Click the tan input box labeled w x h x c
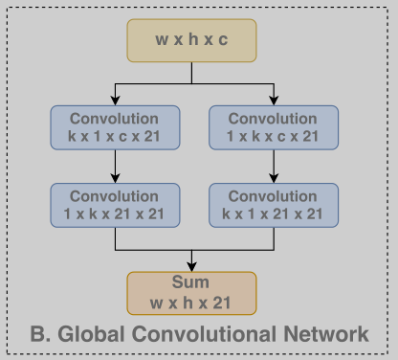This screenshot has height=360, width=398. click(192, 40)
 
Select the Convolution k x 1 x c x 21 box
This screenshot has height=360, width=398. click(114, 128)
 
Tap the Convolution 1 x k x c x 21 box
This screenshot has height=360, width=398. click(273, 128)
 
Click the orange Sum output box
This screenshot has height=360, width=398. click(192, 293)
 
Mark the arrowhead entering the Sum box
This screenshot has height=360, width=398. click(192, 266)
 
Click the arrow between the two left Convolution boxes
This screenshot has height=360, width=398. click(115, 167)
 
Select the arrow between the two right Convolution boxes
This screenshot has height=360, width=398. click(274, 167)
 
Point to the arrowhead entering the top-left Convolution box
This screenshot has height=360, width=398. click(115, 100)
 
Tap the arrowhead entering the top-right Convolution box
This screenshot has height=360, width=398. click(274, 100)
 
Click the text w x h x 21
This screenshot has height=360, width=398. click(191, 303)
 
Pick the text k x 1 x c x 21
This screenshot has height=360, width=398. click(114, 137)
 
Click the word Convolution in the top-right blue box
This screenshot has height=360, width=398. click(273, 120)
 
